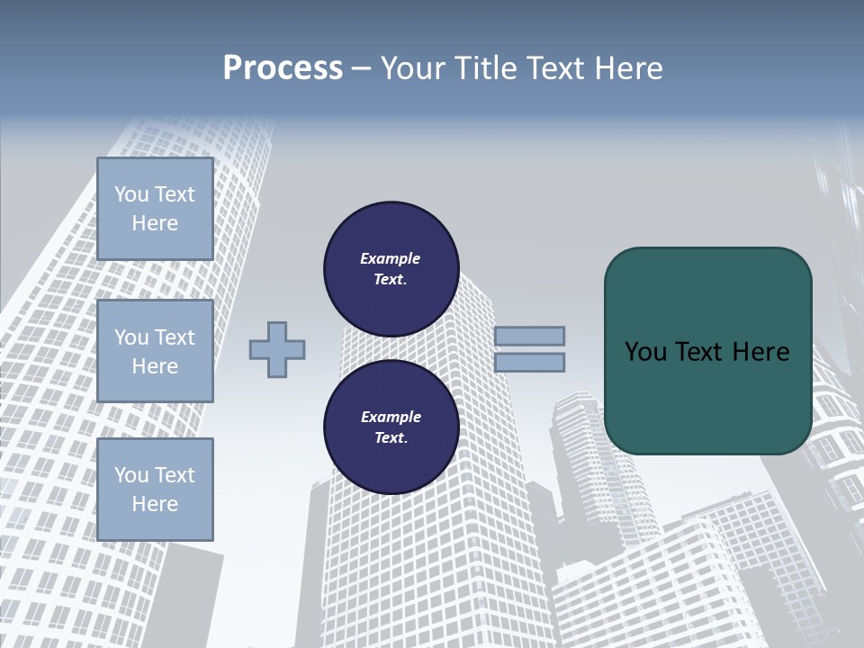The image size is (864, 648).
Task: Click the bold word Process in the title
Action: [x=283, y=68]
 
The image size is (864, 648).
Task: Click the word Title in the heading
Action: [x=487, y=68]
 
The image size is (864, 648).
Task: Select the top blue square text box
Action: [x=155, y=209]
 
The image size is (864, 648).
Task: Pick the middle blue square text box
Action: [x=155, y=351]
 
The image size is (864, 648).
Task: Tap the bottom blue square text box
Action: [x=155, y=490]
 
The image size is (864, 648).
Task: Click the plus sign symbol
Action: [x=277, y=349]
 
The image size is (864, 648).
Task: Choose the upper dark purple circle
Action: [x=391, y=269]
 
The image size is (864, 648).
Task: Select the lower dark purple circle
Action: [x=391, y=427]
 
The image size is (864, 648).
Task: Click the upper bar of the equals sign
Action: [x=529, y=336]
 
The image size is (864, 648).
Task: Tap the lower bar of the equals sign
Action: [x=529, y=363]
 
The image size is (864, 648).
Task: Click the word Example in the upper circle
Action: [x=391, y=258]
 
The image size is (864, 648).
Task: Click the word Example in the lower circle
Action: [x=391, y=417]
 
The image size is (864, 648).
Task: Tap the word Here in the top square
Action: [x=155, y=223]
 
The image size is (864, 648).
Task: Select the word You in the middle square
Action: [x=130, y=337]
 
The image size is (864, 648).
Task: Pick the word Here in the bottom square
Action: [x=155, y=504]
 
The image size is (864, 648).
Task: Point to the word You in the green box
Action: [x=645, y=352]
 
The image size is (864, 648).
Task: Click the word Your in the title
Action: [x=417, y=68]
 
